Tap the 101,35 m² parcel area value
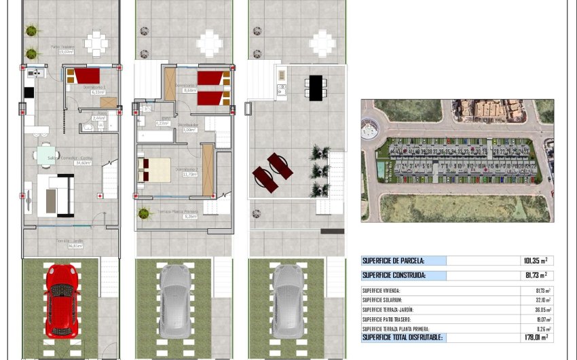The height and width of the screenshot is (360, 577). (534, 260)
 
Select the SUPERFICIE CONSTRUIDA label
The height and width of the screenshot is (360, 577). (394, 276)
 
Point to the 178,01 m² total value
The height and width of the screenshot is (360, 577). (534, 337)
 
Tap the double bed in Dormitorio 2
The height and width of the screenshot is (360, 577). (155, 169)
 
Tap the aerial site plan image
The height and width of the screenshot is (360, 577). (457, 160)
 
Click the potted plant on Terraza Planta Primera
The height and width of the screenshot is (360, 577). (143, 213)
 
